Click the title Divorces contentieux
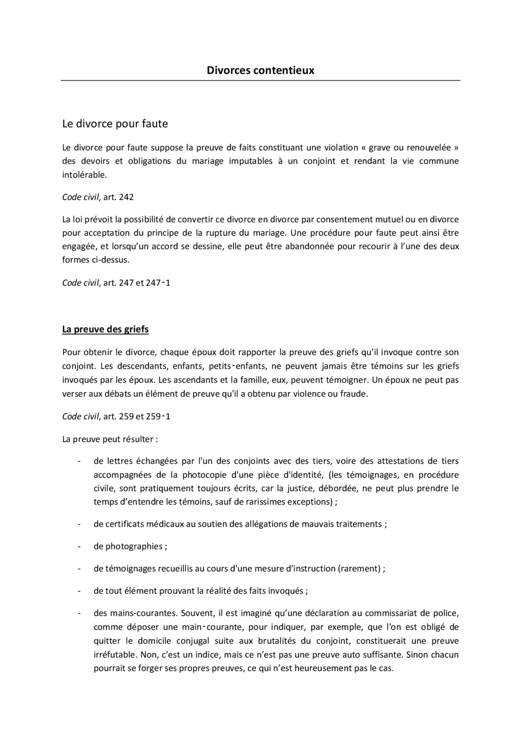click(x=260, y=70)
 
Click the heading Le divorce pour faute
click(x=115, y=124)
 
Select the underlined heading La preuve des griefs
click(x=105, y=329)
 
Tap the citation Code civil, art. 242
click(x=98, y=197)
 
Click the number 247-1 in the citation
click(x=158, y=282)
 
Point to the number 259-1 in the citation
click(x=158, y=417)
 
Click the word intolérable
click(x=84, y=175)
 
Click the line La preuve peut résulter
click(x=110, y=439)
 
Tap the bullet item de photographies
click(x=130, y=546)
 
